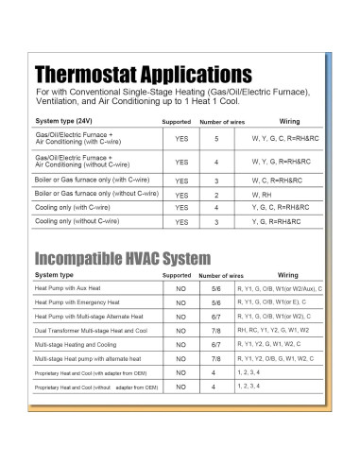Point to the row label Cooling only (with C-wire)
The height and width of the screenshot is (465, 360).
(76, 206)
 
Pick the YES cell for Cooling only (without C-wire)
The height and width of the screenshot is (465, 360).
(180, 221)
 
